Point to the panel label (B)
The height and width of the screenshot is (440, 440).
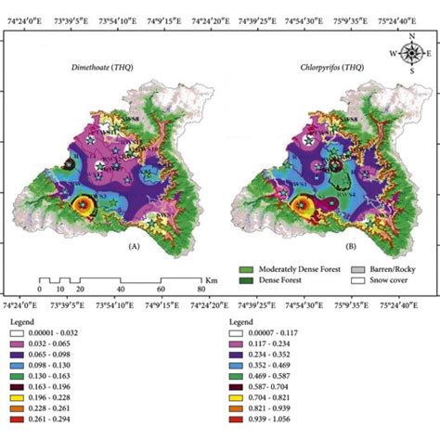328,247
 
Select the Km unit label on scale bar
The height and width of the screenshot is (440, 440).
211,278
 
